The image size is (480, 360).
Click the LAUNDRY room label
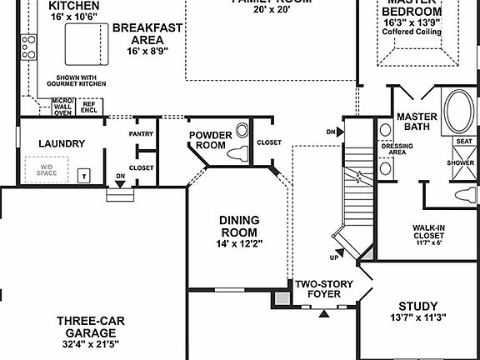pyautogui.click(x=62, y=143)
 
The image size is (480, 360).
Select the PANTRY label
pyautogui.click(x=141, y=133)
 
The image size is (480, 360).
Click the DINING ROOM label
pyautogui.click(x=238, y=226)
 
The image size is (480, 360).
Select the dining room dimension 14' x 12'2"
pyautogui.click(x=238, y=243)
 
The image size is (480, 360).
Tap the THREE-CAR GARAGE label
pyautogui.click(x=92, y=326)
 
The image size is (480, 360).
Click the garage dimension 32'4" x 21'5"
pyautogui.click(x=92, y=343)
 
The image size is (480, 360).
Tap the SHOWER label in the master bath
pyautogui.click(x=464, y=162)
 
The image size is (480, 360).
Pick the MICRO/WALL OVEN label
pyautogui.click(x=62, y=107)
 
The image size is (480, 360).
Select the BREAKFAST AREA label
pyautogui.click(x=147, y=33)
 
